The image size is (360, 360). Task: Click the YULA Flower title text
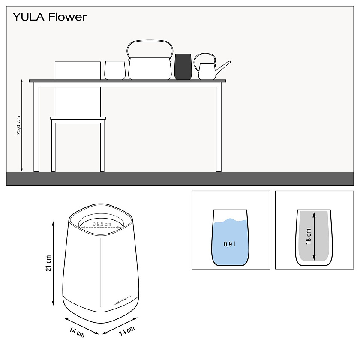coord(49,17)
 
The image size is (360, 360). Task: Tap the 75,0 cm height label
coord(18,126)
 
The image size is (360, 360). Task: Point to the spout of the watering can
coord(224,66)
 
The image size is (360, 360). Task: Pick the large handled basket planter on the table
coord(150,69)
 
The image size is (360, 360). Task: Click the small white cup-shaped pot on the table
coord(115,70)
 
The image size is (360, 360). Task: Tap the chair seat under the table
coord(78,118)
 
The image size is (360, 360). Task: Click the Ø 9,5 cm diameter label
coord(102,224)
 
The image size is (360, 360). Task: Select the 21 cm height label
coord(48,263)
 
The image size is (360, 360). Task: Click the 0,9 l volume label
coord(229,245)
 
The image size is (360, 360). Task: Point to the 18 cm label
coord(308,236)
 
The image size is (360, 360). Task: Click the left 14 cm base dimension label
coord(78,331)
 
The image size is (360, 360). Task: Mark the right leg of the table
coord(219,129)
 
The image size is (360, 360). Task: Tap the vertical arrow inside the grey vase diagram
coord(315,236)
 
